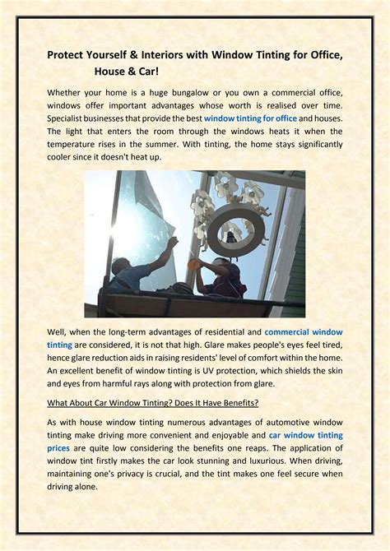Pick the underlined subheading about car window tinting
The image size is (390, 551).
[x=153, y=402]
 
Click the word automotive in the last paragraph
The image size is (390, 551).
[x=286, y=422]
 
